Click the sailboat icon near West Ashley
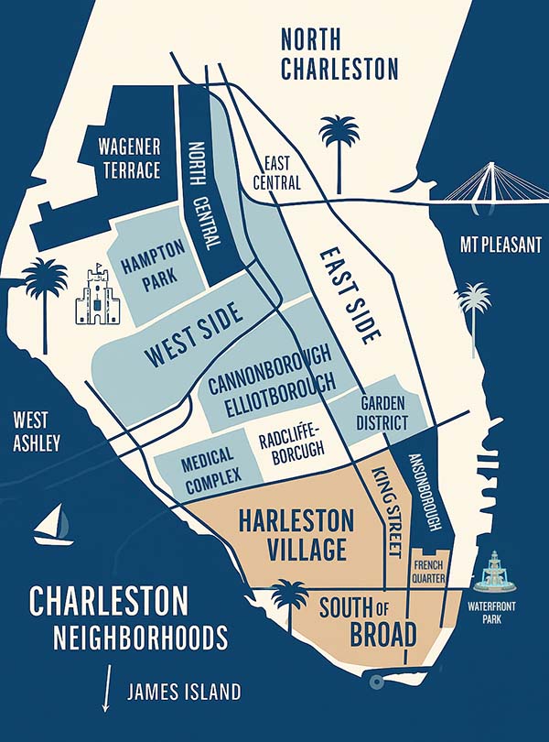[x=53, y=527]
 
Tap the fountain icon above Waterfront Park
[x=495, y=573]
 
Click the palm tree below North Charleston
[x=339, y=147]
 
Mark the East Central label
[x=282, y=172]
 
